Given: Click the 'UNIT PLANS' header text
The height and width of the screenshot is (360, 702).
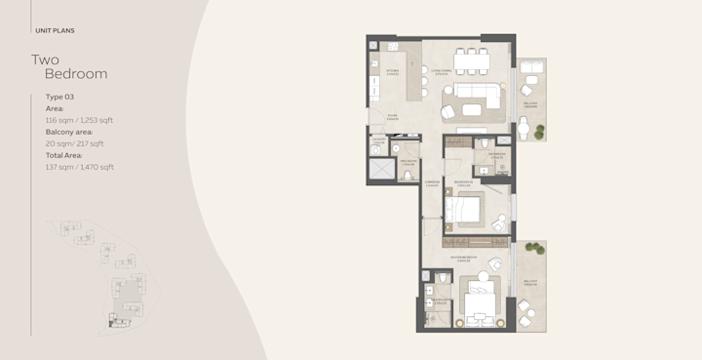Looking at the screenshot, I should pyautogui.click(x=56, y=30).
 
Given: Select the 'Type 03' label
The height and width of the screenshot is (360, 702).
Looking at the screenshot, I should pyautogui.click(x=59, y=97).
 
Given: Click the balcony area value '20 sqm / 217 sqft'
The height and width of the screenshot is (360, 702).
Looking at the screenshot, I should pyautogui.click(x=75, y=143).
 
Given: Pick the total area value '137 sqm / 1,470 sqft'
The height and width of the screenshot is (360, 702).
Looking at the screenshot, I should pyautogui.click(x=80, y=167).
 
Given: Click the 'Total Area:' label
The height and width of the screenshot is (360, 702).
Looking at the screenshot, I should pyautogui.click(x=64, y=155).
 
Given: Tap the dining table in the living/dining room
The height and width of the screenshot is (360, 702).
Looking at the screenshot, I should pyautogui.click(x=475, y=61).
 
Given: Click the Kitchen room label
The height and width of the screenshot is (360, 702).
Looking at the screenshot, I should pyautogui.click(x=394, y=70).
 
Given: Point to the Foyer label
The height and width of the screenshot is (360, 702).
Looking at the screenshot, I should pyautogui.click(x=392, y=116).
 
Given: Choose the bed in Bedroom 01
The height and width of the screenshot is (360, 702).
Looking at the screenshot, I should pyautogui.click(x=470, y=210).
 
